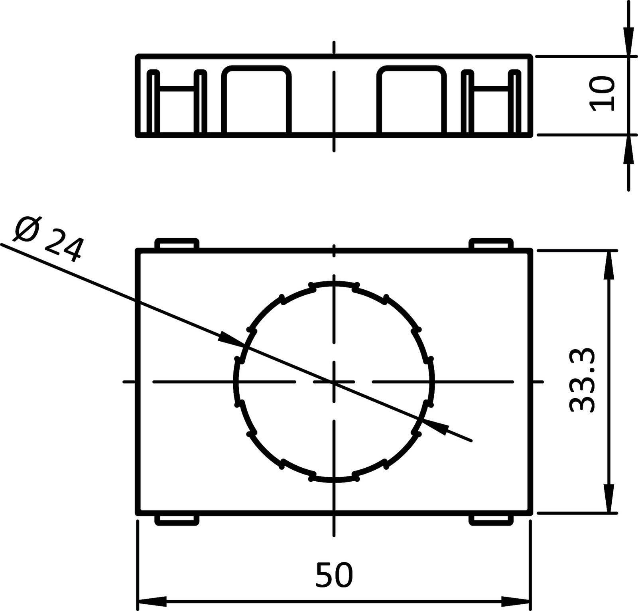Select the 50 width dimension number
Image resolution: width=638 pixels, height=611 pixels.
334,575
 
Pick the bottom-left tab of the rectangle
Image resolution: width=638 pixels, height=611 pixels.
177,520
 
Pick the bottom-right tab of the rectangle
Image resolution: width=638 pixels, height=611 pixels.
491,520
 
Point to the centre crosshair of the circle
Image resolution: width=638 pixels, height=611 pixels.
334,382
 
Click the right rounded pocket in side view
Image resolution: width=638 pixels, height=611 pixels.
412,100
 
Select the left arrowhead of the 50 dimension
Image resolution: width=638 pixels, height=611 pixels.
152,601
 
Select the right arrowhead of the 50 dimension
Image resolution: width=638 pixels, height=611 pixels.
517,601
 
